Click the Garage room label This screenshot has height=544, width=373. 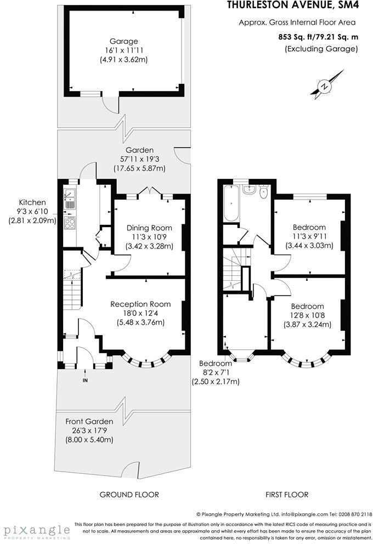(123, 41)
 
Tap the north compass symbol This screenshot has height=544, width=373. (325, 87)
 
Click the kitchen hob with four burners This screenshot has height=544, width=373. (70, 223)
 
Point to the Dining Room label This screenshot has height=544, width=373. (149, 228)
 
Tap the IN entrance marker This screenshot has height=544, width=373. (85, 380)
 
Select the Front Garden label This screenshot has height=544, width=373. (89, 421)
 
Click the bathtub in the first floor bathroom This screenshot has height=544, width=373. (230, 203)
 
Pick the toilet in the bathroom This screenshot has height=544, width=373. (263, 191)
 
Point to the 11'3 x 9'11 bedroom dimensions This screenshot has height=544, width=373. (309, 236)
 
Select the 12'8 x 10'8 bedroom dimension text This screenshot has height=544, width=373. (308, 315)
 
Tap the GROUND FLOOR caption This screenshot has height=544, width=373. (129, 495)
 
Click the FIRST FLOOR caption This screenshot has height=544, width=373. (287, 495)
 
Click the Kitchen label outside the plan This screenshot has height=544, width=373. (32, 202)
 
